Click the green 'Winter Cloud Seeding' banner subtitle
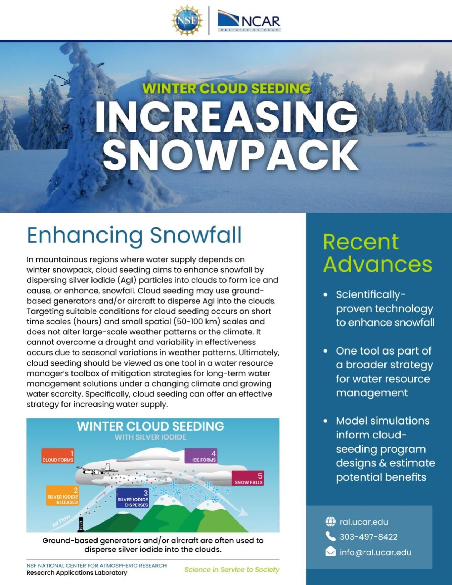click(226, 88)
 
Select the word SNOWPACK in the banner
click(230, 155)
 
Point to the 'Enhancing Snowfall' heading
click(134, 235)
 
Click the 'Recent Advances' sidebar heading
click(377, 253)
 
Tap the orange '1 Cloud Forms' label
click(58, 456)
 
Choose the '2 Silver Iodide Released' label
click(63, 496)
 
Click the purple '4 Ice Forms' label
click(201, 456)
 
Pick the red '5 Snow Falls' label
click(248, 478)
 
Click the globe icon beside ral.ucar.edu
click(331, 522)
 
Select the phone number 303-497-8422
click(368, 537)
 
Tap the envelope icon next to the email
click(331, 552)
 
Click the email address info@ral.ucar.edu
click(375, 552)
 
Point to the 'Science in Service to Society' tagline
click(232, 569)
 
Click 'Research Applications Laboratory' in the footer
click(77, 572)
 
